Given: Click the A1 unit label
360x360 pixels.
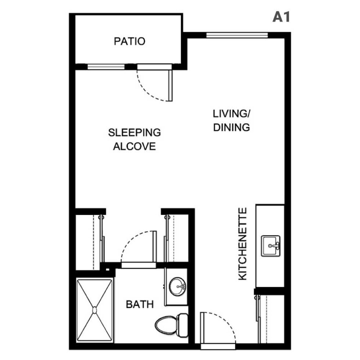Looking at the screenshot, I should (281, 17).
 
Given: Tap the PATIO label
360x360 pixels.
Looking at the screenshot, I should (129, 41).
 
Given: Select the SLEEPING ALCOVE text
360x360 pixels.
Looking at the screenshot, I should (134, 139).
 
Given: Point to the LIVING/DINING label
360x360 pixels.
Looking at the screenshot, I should (231, 120).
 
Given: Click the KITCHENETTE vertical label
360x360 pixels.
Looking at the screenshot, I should (243, 244).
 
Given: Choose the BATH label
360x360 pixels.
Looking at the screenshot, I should (140, 304).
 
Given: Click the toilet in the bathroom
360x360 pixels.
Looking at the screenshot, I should (171, 324).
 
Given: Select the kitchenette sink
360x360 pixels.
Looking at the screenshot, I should (271, 246).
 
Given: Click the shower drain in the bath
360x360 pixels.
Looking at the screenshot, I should (95, 310).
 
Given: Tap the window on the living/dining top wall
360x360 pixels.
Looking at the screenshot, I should (237, 35).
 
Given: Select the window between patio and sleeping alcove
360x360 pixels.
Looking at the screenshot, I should (107, 67).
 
